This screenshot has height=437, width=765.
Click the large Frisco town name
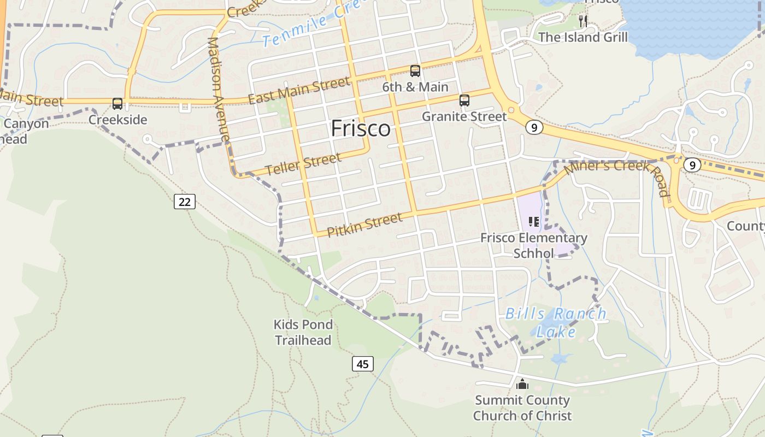361,129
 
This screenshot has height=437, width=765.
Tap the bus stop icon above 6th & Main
415,71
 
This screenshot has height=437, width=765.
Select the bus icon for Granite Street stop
464,101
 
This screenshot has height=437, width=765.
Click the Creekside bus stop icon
117,104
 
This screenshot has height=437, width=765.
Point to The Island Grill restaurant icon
583,21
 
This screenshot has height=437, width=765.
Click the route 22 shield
185,202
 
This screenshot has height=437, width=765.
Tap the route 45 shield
363,364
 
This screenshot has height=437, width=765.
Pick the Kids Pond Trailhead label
303,332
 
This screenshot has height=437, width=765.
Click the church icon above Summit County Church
522,385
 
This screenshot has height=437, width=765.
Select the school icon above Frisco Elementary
534,222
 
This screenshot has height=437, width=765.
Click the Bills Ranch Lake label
556,322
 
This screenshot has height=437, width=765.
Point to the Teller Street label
304,163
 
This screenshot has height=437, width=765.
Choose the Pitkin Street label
364,225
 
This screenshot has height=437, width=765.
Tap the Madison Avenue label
220,90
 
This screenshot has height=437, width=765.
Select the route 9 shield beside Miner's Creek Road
692,165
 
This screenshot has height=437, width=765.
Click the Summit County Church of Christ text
522,408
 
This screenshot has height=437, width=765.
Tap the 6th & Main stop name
415,87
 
